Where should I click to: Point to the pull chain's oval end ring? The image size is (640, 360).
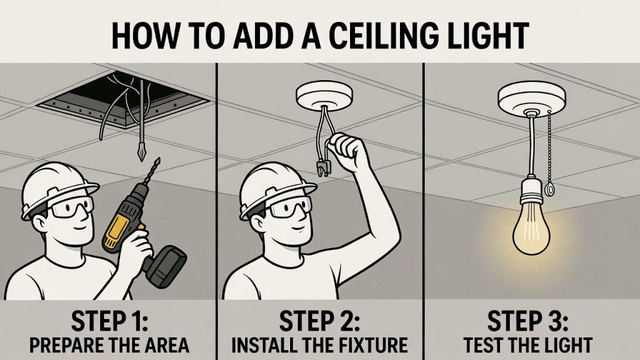549,189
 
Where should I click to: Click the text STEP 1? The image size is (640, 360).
110,321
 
